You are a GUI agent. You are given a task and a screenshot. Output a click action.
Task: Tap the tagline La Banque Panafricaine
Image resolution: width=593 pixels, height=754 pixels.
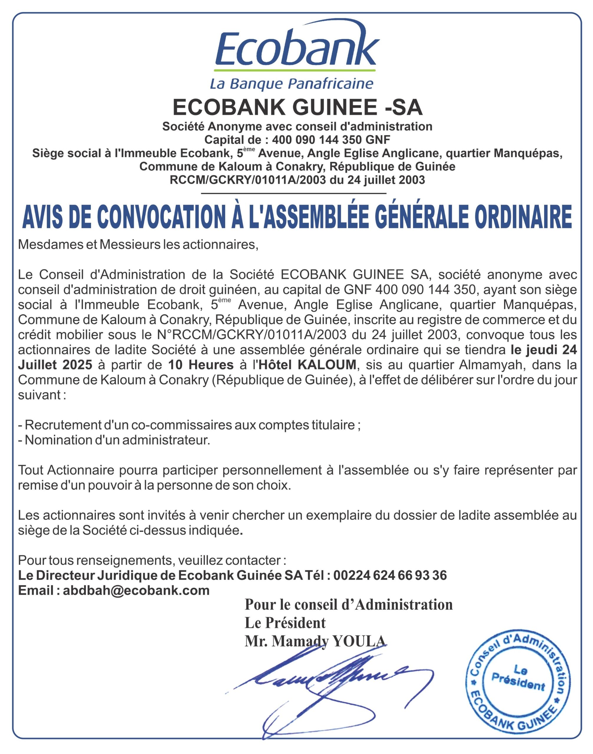292,84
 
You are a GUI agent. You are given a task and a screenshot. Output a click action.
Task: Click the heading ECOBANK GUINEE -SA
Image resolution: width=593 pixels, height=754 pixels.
298,108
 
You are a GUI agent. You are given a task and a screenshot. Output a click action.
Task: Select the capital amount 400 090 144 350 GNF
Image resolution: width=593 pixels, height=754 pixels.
331,140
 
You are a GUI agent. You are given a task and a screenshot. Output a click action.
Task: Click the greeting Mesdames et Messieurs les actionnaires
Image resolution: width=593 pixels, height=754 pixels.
138,245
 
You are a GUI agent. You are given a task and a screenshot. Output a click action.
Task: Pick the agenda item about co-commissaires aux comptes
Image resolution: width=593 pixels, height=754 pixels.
189,425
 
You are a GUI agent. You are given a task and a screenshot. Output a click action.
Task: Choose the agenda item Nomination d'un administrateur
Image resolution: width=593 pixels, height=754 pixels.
114,440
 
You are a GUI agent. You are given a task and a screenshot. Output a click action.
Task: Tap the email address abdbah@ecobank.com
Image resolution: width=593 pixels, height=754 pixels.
136,591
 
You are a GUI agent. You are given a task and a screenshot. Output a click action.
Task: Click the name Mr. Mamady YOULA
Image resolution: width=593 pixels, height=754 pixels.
315,641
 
